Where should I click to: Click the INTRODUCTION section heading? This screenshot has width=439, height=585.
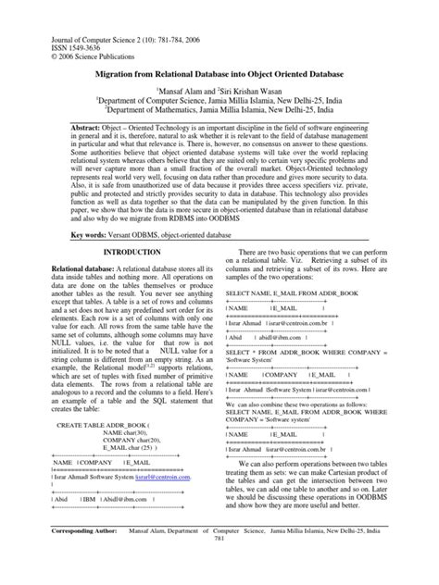tap(131, 251)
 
